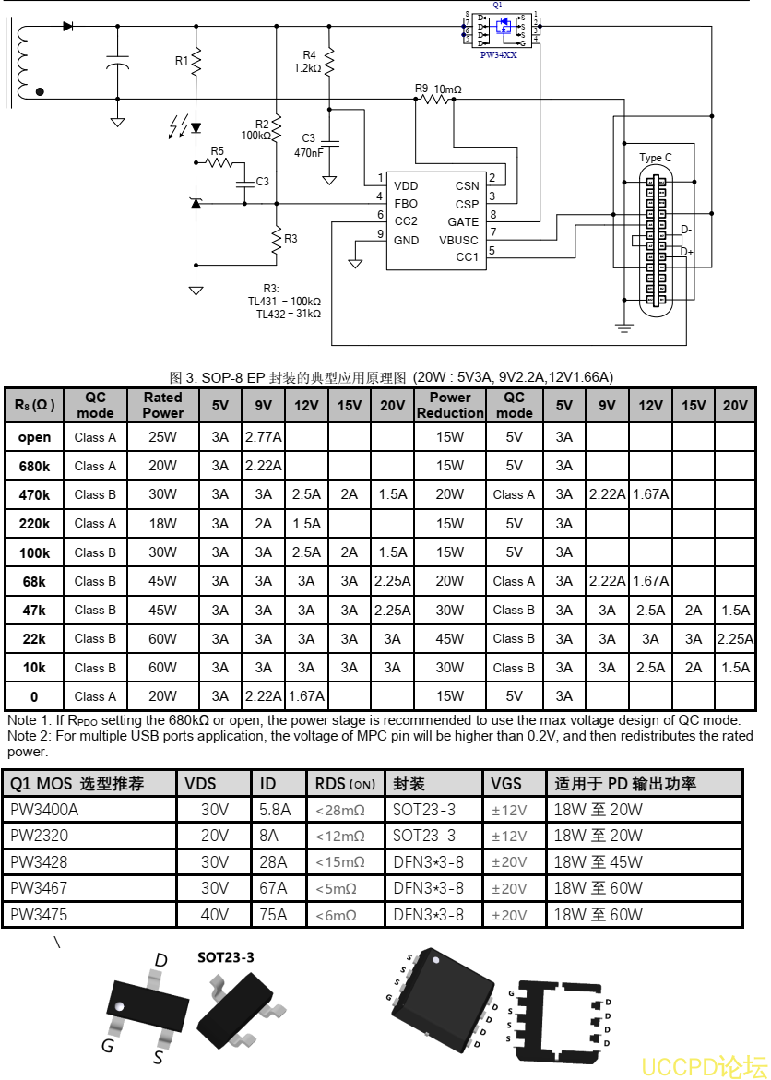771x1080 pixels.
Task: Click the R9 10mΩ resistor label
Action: click(x=438, y=89)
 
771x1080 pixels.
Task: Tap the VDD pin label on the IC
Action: click(x=406, y=186)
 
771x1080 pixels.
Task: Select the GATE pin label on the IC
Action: click(x=463, y=221)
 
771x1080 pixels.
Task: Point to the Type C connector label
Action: click(x=656, y=158)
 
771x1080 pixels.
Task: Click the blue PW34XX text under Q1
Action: click(x=499, y=55)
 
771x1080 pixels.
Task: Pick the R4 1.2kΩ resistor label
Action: click(x=309, y=61)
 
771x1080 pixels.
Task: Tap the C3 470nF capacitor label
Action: click(x=309, y=146)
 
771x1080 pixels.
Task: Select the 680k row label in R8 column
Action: click(x=34, y=466)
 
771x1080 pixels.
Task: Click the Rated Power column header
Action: click(x=162, y=405)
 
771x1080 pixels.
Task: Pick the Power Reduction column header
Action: click(x=450, y=405)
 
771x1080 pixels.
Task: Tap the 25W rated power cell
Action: click(x=162, y=437)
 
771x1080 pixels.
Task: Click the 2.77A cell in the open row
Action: click(x=263, y=437)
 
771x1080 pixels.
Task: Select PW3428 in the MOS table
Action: click(x=38, y=862)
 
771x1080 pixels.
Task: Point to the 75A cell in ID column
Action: click(x=274, y=915)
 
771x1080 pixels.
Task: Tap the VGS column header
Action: click(x=506, y=784)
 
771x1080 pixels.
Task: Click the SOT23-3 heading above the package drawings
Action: click(x=226, y=957)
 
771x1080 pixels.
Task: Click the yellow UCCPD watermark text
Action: click(x=703, y=1066)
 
